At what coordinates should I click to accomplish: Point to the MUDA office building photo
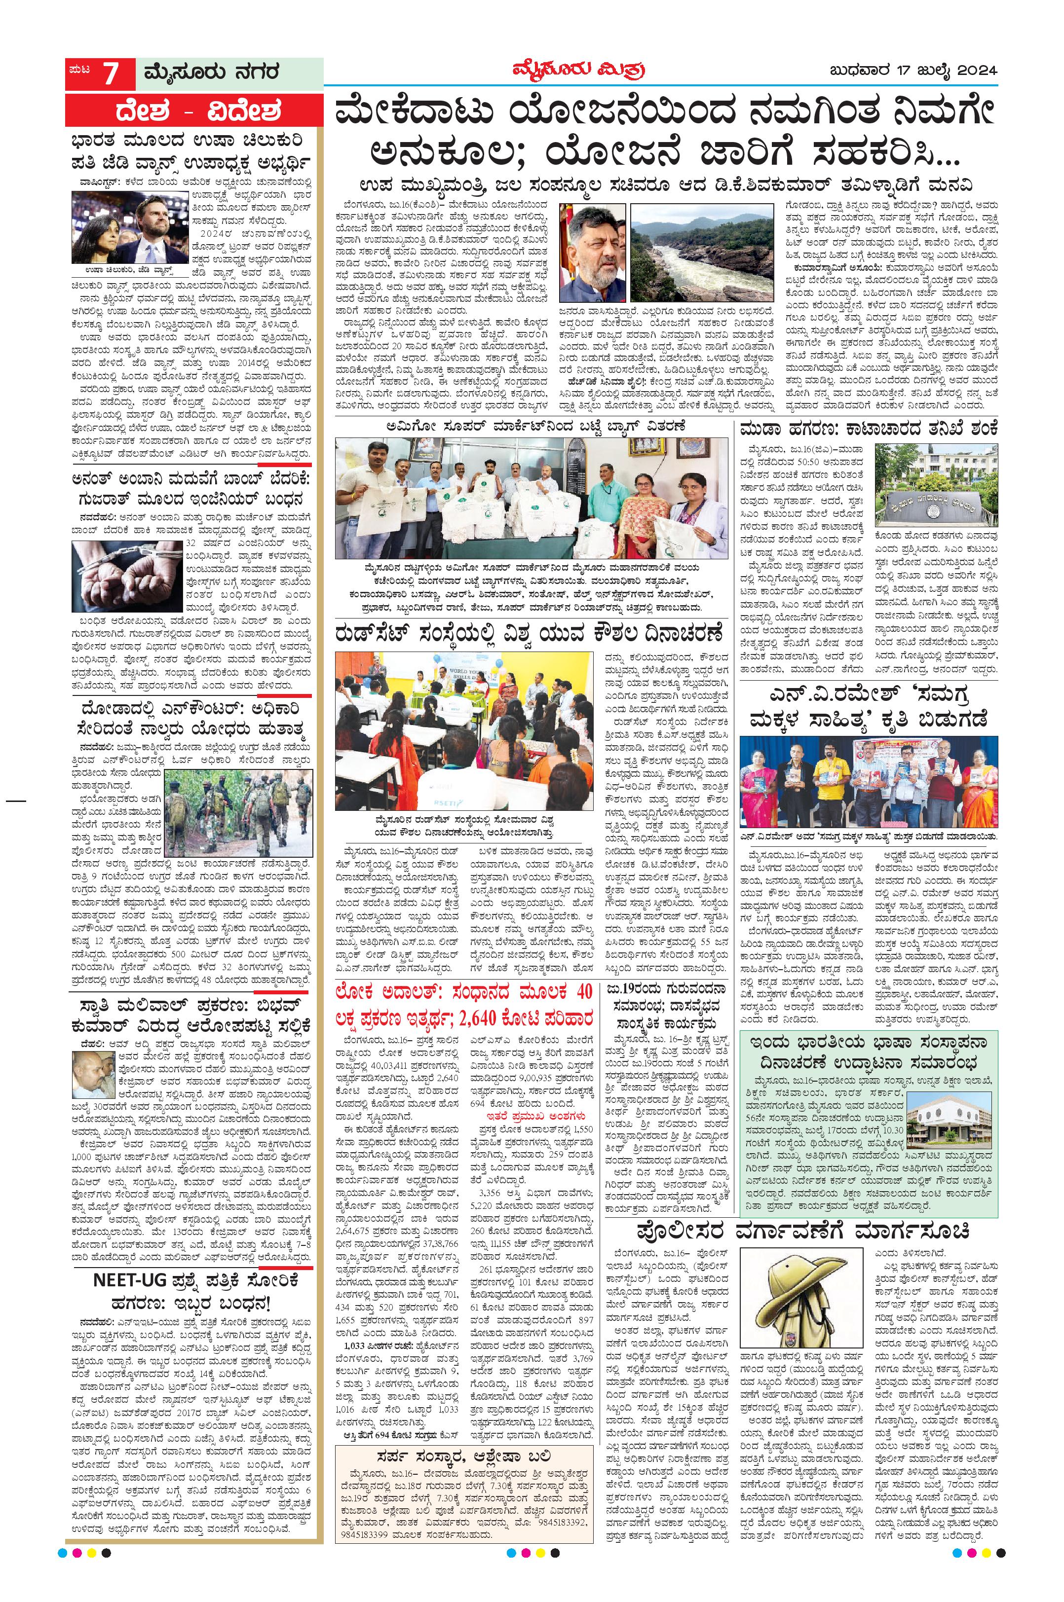pyautogui.click(x=936, y=486)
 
